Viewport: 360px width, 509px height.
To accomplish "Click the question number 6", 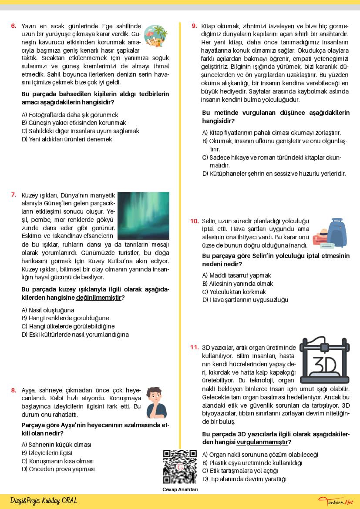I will (x=13, y=26).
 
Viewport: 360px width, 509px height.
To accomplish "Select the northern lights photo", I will (x=143, y=215).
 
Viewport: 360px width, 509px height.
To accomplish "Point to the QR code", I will (x=180, y=467).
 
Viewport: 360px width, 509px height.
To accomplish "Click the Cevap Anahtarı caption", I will (x=180, y=489).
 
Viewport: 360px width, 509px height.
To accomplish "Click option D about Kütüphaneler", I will (x=274, y=174).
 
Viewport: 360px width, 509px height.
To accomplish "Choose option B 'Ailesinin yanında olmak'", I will (x=238, y=284).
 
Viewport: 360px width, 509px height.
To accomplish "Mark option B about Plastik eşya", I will (x=252, y=463).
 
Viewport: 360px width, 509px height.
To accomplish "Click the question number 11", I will (x=194, y=348).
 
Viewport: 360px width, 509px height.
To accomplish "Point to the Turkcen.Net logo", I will (x=336, y=502).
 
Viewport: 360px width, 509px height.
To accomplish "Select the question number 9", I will (x=194, y=26).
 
